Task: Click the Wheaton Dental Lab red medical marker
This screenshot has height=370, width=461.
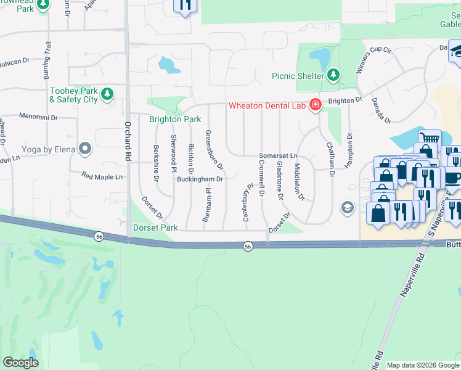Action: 315,105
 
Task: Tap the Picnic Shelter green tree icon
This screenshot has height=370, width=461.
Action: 333,75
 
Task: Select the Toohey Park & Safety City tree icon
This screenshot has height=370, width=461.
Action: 108,94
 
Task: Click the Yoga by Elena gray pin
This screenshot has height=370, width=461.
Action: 85,149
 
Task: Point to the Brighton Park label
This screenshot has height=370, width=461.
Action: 175,119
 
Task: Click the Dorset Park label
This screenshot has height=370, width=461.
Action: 155,228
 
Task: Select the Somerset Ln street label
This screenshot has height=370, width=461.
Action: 278,155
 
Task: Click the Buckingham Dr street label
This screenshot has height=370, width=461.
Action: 199,179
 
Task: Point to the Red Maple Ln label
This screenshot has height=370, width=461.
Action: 102,176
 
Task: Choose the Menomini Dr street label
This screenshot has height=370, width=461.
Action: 38,116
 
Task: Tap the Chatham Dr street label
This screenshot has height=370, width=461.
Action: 331,162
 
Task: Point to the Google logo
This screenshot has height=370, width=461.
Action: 21,363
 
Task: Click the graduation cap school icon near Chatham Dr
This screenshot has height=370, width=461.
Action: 347,207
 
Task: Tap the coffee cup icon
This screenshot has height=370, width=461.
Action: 453,177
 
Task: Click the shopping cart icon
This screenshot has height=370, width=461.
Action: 429,138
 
